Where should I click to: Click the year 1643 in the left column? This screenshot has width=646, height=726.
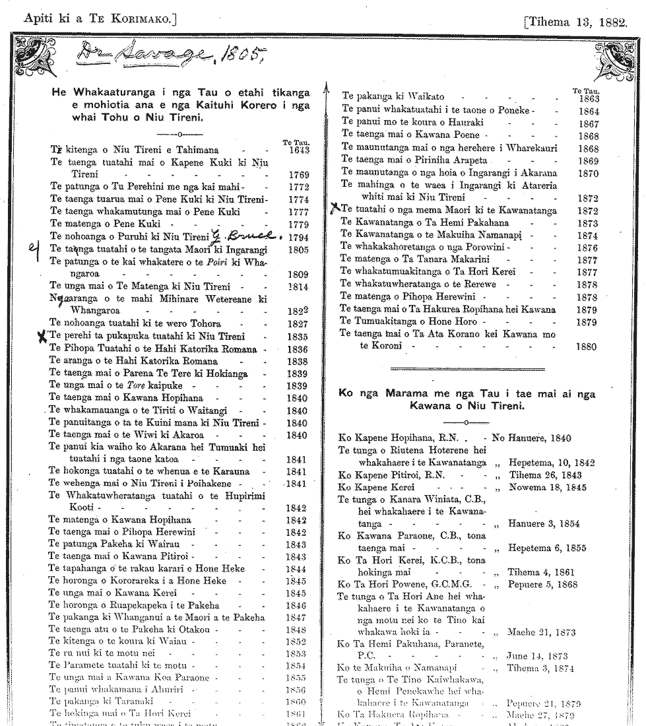(x=299, y=150)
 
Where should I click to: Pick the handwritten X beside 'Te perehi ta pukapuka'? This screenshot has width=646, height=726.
(x=43, y=336)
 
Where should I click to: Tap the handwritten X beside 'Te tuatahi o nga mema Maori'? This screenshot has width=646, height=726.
(x=335, y=209)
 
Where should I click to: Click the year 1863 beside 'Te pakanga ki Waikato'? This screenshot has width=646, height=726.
(x=587, y=99)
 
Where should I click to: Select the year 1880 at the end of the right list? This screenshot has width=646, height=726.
(x=586, y=347)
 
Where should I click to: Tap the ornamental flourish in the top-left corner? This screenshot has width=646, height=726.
(x=33, y=53)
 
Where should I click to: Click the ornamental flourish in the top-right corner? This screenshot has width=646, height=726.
(x=612, y=53)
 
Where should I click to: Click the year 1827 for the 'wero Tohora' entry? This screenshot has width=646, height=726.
(x=298, y=324)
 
